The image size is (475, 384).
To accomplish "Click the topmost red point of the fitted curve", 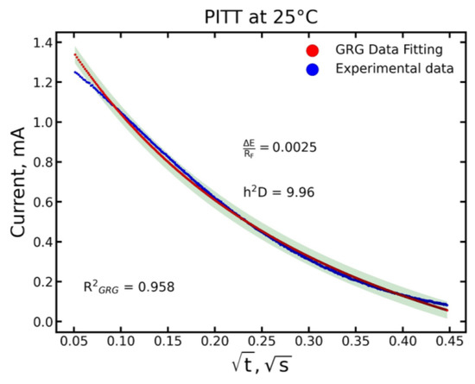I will click(x=75, y=54).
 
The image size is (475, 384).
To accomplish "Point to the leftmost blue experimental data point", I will click(x=75, y=72).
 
